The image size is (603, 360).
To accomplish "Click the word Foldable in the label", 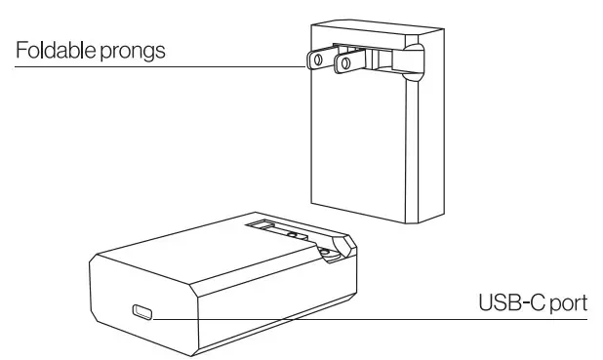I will pyautogui.click(x=52, y=50).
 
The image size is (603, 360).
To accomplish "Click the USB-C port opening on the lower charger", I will pyautogui.click(x=143, y=313).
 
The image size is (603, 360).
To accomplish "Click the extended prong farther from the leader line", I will pyautogui.click(x=344, y=65).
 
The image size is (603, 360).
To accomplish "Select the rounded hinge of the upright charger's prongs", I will pyautogui.click(x=413, y=60).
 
